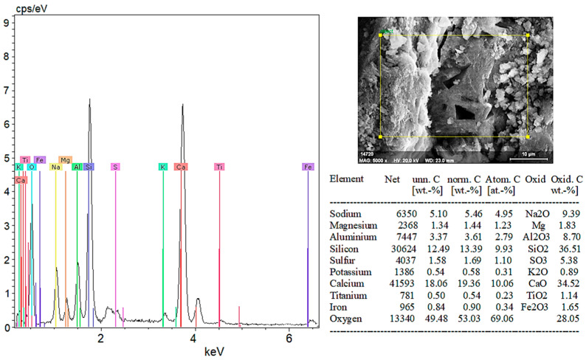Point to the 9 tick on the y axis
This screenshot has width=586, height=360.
(x=6, y=23)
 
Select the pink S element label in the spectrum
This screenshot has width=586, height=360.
(x=115, y=167)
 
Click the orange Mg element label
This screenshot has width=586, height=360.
(x=66, y=159)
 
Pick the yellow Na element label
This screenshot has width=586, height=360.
(x=55, y=167)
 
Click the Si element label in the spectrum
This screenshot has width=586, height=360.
(x=89, y=167)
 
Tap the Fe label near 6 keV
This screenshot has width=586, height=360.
(x=308, y=167)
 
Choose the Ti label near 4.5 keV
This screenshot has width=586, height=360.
(x=218, y=167)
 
